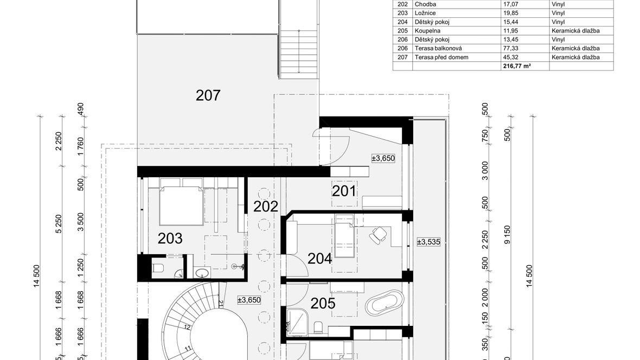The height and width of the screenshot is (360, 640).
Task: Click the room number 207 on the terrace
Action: click(x=208, y=95)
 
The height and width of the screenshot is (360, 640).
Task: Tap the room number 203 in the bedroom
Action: click(x=170, y=239)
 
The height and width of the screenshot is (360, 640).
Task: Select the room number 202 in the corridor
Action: click(x=266, y=207)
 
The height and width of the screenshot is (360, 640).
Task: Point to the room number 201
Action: click(x=344, y=191)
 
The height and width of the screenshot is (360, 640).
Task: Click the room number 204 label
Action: click(x=319, y=259)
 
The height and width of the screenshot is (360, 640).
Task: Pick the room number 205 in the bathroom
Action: click(x=323, y=303)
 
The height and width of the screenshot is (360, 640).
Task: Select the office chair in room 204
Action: click(x=379, y=235)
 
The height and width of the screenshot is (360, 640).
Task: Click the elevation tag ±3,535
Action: click(x=428, y=242)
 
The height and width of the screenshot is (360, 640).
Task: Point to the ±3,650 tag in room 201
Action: click(x=383, y=158)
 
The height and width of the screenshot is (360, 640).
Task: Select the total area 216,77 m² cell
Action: click(x=517, y=66)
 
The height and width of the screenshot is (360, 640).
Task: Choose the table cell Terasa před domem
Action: click(x=441, y=57)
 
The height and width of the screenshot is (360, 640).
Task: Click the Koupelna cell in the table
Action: click(x=427, y=30)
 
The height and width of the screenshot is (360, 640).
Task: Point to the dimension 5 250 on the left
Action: click(x=59, y=224)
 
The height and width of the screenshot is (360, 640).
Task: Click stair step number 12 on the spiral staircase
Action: click(x=187, y=326)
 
